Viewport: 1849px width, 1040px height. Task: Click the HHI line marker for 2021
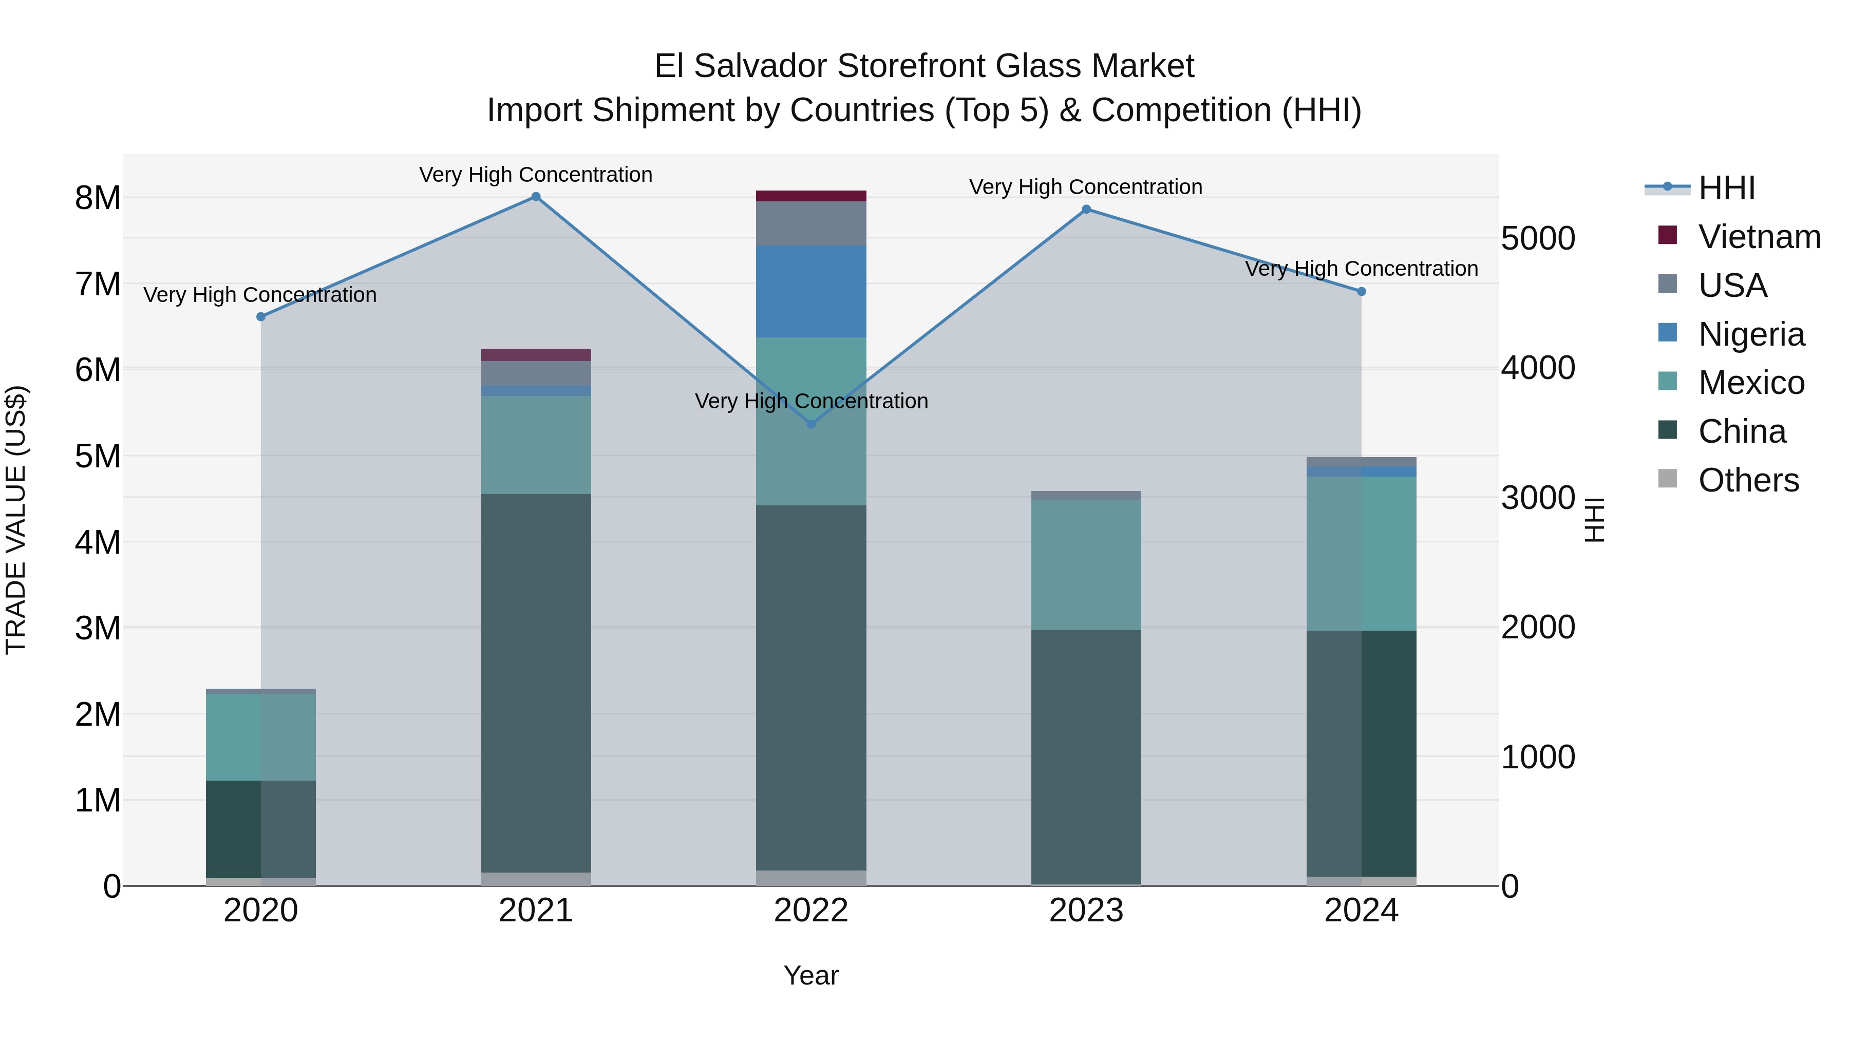pyautogui.click(x=536, y=197)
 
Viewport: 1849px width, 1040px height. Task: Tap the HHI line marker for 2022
pyautogui.click(x=811, y=424)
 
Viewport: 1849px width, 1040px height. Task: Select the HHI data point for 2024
pyautogui.click(x=1361, y=291)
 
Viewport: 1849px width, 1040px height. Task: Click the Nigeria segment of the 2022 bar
pyautogui.click(x=811, y=291)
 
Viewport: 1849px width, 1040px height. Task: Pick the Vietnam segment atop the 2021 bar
pyautogui.click(x=536, y=354)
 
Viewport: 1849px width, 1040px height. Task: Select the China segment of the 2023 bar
pyautogui.click(x=1086, y=757)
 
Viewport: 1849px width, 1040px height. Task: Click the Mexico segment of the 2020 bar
pyautogui.click(x=260, y=736)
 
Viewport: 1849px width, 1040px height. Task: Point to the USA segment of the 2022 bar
pyautogui.click(x=811, y=223)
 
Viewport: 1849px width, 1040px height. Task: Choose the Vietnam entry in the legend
pyautogui.click(x=1759, y=237)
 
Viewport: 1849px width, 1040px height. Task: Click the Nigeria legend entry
pyautogui.click(x=1751, y=334)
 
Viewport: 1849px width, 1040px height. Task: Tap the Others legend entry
pyautogui.click(x=1748, y=480)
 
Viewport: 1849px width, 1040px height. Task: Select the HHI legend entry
pyautogui.click(x=1726, y=188)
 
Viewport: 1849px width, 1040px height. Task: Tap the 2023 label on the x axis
pyautogui.click(x=1086, y=911)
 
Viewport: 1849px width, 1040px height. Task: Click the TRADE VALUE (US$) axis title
pyautogui.click(x=16, y=520)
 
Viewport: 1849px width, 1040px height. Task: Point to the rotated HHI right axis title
pyautogui.click(x=1593, y=520)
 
